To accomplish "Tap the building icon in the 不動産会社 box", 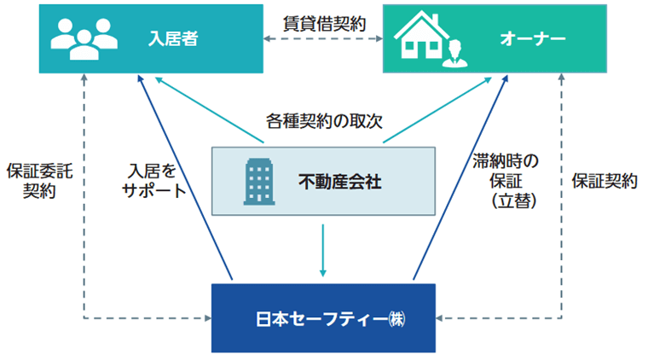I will coord(257,180).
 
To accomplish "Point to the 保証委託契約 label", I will coord(39,180).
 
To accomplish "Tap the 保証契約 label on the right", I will coord(605,181).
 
